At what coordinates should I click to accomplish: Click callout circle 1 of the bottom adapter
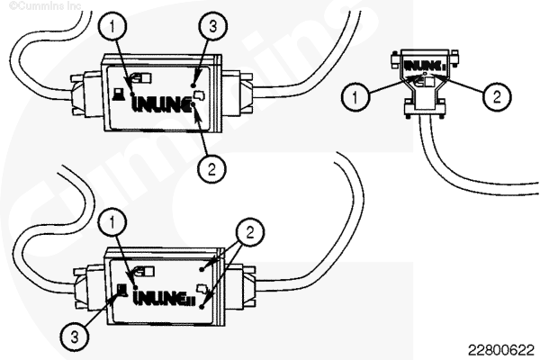tap(111, 218)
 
